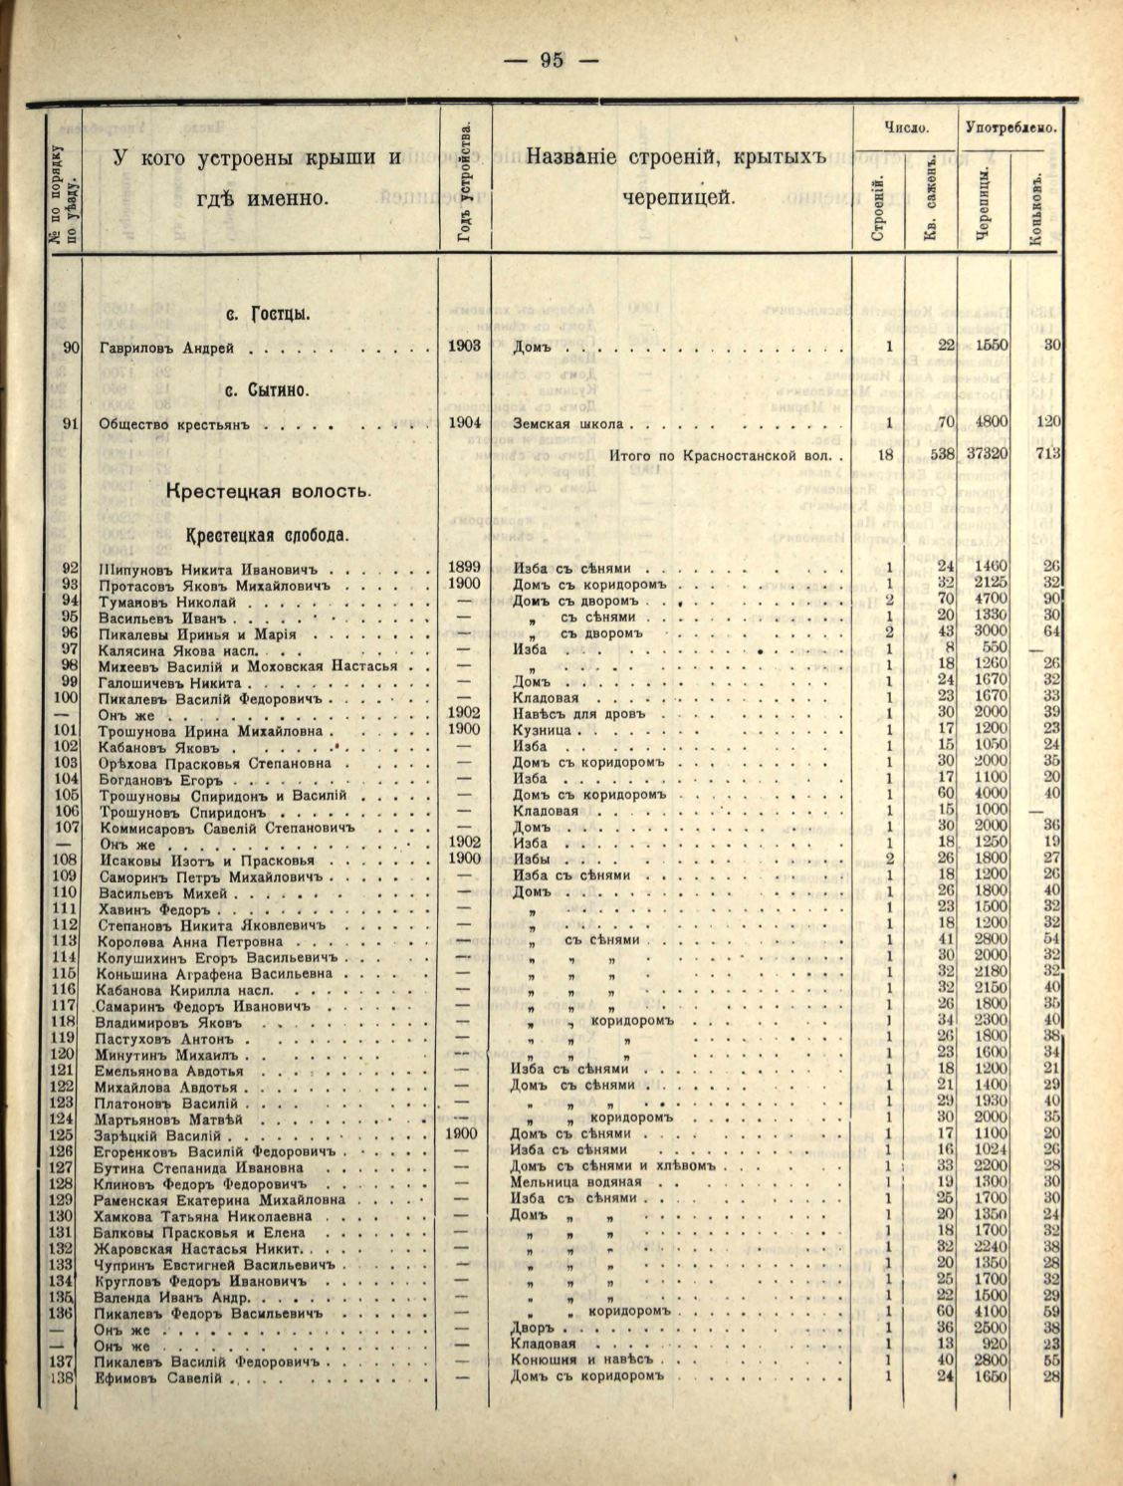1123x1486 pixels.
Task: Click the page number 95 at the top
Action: tap(552, 60)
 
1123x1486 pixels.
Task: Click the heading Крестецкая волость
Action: tap(269, 491)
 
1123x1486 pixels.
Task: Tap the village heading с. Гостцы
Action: tap(267, 316)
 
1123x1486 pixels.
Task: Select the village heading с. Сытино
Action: tap(268, 389)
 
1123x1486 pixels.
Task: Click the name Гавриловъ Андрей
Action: tap(166, 348)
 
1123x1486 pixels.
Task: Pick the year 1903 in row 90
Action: tap(465, 347)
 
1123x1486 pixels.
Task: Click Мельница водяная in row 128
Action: tap(576, 1182)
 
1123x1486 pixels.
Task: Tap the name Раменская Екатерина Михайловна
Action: tap(220, 1199)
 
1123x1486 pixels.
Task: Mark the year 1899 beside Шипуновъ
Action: tap(465, 568)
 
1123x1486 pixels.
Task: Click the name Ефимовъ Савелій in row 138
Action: tap(162, 1378)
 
